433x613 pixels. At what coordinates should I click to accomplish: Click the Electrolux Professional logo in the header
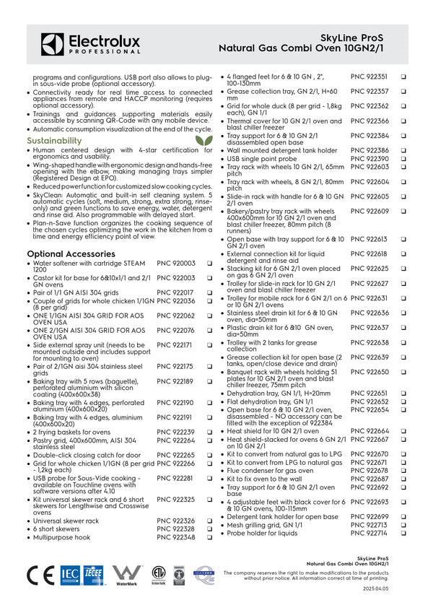90,44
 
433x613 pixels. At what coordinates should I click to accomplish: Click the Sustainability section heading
54,141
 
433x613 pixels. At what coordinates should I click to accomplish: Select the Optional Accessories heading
71,254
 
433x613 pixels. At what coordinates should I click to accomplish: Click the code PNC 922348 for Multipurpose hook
175,537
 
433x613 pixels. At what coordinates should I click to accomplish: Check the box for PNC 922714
403,533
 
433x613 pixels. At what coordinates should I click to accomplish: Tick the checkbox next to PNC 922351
403,77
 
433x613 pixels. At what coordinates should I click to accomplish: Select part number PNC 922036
175,300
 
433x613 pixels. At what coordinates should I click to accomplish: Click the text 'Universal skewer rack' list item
66,520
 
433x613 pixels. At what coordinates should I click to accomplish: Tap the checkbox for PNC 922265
209,455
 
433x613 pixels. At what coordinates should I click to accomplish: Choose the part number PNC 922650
369,372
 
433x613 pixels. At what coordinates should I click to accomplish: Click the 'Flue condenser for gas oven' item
270,470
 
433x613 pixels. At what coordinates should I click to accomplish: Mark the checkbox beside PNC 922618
403,254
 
